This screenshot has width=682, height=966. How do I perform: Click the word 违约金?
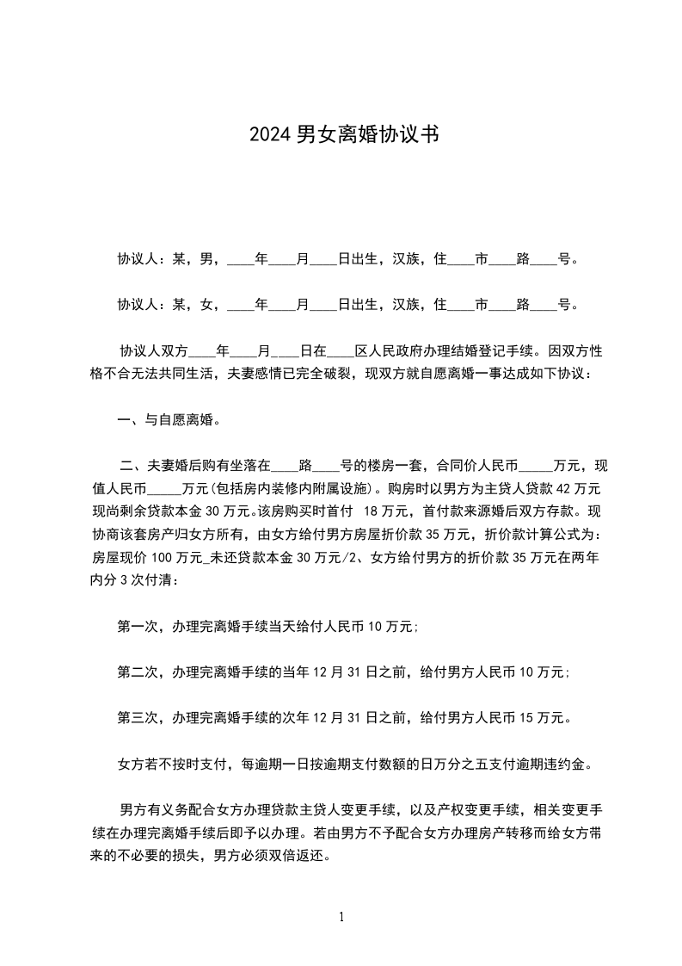569,764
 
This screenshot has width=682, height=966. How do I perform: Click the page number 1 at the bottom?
341,917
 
